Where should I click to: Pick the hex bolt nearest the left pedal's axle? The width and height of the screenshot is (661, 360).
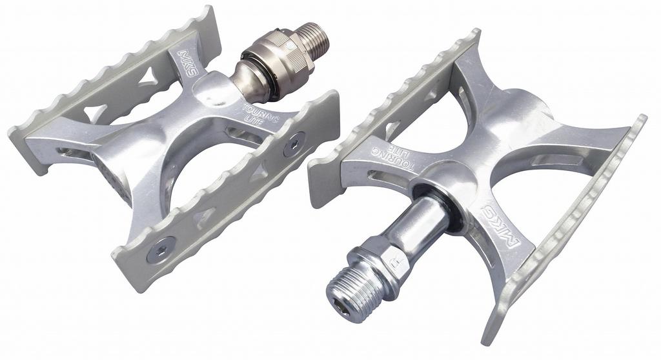pyautogui.click(x=294, y=144)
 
